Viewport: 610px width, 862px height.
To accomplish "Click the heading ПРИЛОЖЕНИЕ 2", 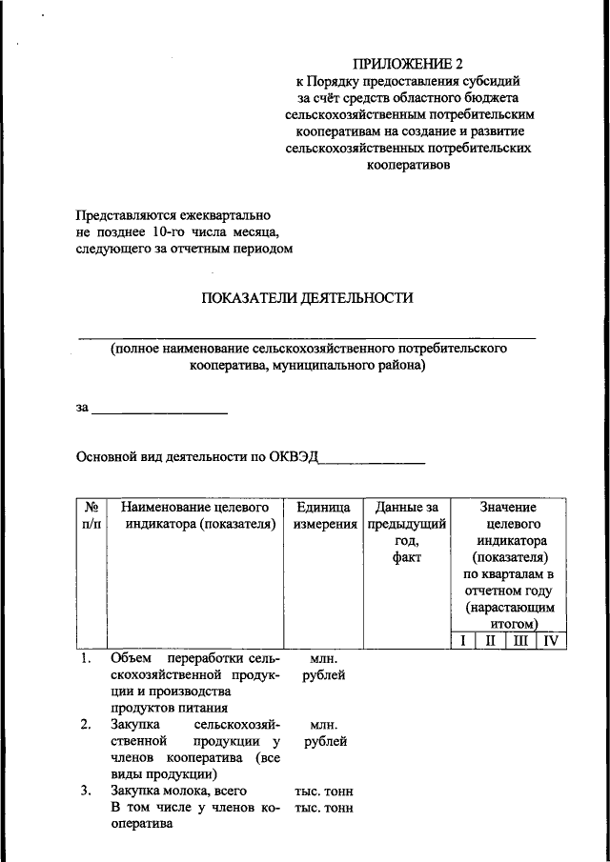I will [x=407, y=64].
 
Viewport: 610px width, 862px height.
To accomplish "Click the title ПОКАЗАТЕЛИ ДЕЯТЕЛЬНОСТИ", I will [x=307, y=298].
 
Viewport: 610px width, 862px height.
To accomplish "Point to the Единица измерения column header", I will [x=322, y=515].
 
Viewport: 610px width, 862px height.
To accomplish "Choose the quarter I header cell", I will [x=462, y=641].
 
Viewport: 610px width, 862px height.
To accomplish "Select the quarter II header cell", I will [x=490, y=641].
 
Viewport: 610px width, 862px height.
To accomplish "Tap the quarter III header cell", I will [x=519, y=641].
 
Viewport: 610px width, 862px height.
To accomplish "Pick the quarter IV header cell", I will [x=550, y=641].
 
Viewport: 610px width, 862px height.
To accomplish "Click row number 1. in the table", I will [x=86, y=658].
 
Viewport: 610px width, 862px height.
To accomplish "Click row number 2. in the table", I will [x=86, y=725].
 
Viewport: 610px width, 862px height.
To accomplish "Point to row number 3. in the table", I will [x=86, y=791].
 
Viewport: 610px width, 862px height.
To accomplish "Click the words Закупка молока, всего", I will [x=179, y=791].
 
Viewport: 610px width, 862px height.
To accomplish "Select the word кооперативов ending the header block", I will [x=408, y=164].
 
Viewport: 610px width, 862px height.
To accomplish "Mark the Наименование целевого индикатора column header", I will [x=195, y=515].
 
